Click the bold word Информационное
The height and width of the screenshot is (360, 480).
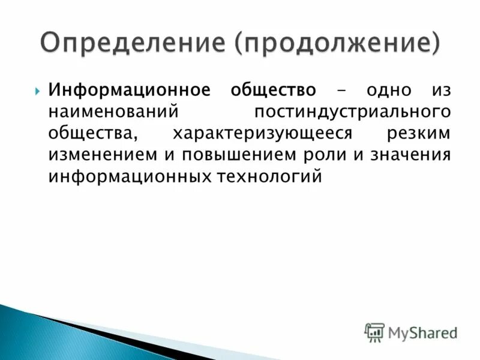point(130,91)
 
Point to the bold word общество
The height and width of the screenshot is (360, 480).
point(272,91)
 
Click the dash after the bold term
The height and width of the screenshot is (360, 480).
point(341,91)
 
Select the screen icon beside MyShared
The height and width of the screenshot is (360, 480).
point(374,331)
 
